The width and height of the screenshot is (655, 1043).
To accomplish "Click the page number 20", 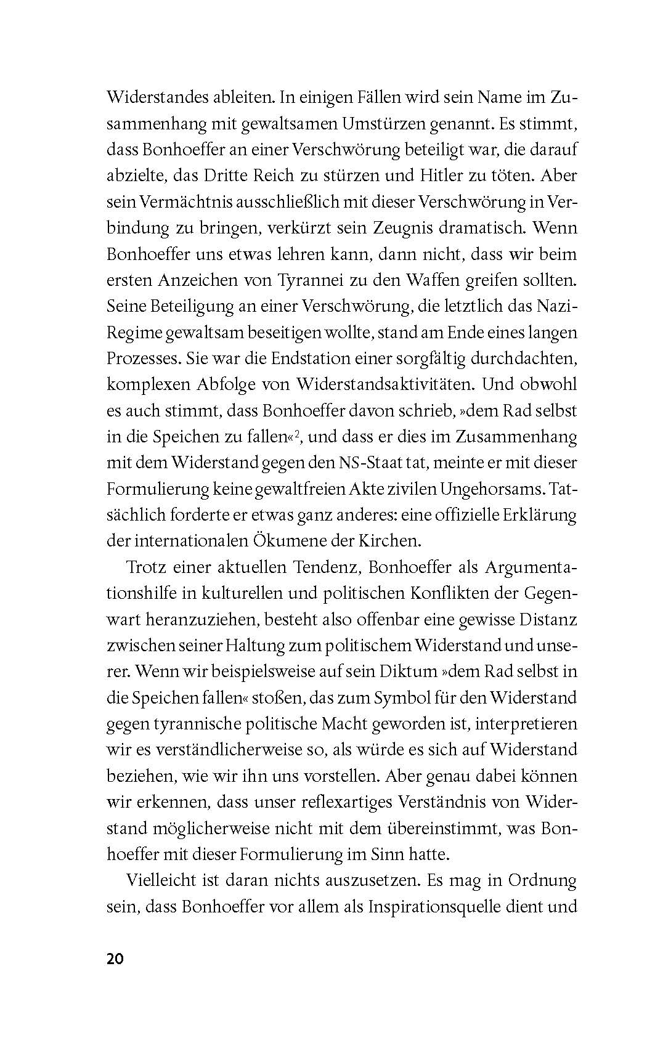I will [x=115, y=959].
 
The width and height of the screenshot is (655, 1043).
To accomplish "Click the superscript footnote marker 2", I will [x=296, y=434].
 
